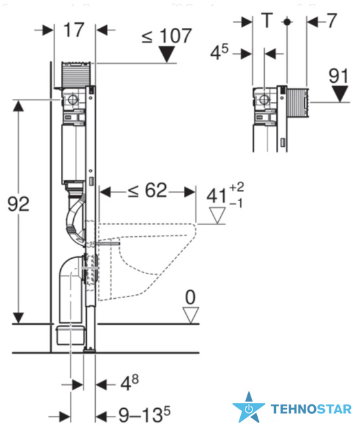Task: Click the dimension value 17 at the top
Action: [74, 30]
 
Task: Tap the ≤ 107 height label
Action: [167, 36]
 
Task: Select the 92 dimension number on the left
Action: [18, 204]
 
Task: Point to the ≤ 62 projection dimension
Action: [148, 191]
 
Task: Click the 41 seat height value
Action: [216, 196]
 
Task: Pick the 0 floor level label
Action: [190, 298]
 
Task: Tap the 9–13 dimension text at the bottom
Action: [141, 415]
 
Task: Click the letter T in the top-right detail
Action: [267, 20]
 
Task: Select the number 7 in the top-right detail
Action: [332, 21]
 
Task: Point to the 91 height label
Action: [339, 76]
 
